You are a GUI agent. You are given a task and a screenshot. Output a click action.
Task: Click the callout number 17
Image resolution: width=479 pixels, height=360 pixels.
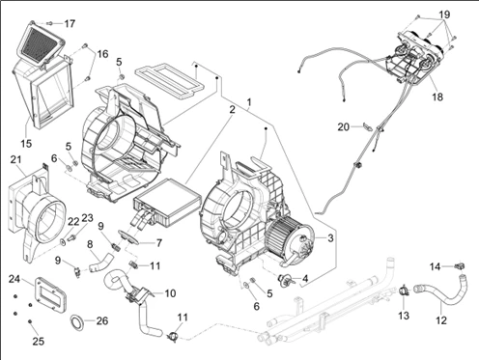coord(70,24)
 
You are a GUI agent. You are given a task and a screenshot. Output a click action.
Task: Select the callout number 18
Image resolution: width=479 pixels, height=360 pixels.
coord(437,97)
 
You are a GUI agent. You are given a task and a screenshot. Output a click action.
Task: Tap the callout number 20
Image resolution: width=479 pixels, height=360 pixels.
coord(343,127)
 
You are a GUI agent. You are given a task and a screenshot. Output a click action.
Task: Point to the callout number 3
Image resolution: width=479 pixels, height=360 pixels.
coord(330,238)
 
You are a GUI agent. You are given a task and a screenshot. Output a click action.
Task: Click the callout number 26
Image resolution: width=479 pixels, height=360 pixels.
coord(102,320)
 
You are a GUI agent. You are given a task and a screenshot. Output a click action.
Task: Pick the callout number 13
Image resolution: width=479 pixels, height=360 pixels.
coord(404,316)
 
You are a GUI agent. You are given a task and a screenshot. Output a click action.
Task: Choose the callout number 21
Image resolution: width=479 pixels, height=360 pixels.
coord(15,159)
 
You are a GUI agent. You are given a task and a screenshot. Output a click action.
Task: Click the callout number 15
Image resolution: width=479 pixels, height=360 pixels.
coord(26,143)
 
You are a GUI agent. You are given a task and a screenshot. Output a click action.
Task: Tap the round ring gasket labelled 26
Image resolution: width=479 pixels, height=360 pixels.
coord(77,322)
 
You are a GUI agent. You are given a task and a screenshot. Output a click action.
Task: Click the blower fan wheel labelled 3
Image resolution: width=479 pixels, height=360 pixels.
coord(283,236)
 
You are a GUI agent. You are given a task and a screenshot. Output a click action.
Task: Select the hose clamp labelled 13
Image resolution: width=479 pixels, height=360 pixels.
coord(403,291)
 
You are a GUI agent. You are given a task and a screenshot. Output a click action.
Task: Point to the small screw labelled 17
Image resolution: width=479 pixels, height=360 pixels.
coord(49,23)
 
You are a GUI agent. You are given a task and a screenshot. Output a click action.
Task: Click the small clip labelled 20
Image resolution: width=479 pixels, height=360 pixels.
coord(368,126)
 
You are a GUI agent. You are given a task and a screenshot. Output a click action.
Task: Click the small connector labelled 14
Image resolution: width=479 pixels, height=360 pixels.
coord(461,265)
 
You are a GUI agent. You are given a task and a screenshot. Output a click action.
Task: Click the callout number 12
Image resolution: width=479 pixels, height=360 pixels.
coord(441,320)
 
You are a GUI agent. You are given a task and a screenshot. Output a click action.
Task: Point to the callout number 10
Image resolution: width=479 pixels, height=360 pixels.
coord(170,293)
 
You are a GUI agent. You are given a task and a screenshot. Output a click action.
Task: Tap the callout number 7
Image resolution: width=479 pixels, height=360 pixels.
coord(158,243)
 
